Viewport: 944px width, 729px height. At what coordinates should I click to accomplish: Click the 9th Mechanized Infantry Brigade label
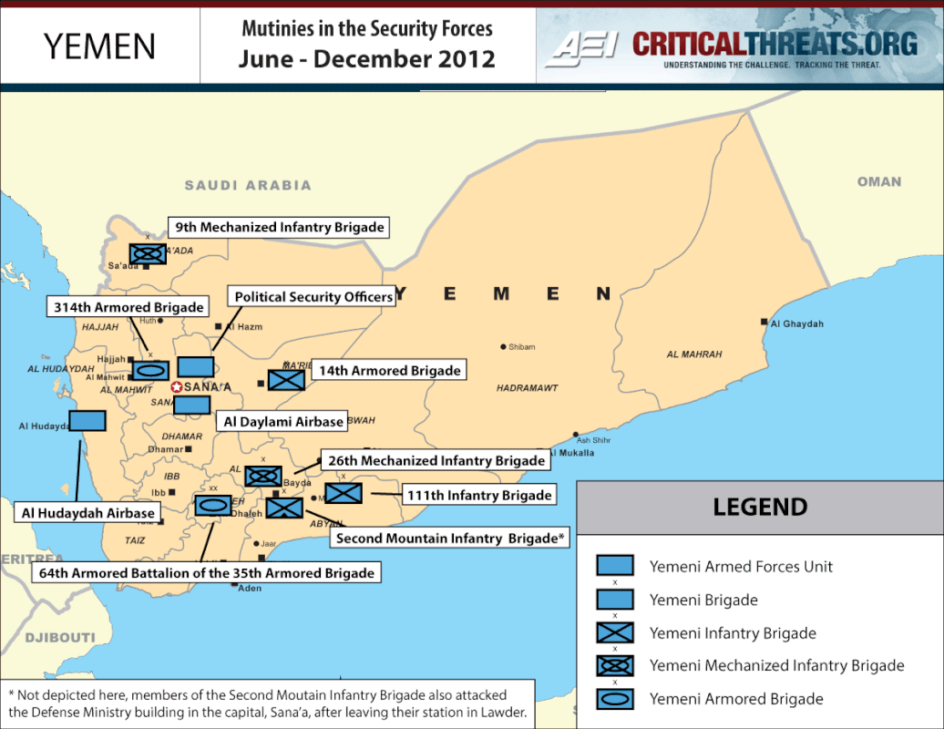pyautogui.click(x=279, y=227)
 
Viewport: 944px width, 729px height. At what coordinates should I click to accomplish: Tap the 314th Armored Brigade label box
pyautogui.click(x=128, y=307)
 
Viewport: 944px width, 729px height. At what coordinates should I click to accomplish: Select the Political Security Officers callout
pyautogui.click(x=313, y=297)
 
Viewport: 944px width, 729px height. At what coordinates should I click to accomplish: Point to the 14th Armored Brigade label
pyautogui.click(x=389, y=370)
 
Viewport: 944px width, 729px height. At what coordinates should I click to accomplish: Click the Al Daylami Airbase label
pyautogui.click(x=283, y=422)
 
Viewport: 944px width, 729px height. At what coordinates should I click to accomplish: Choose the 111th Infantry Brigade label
pyautogui.click(x=479, y=495)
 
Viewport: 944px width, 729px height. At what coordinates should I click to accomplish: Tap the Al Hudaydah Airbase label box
pyautogui.click(x=88, y=513)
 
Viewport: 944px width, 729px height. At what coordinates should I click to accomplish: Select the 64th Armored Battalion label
pyautogui.click(x=206, y=573)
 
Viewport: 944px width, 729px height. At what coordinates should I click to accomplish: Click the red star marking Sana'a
pyautogui.click(x=177, y=386)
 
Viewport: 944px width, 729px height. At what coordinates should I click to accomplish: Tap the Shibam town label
pyautogui.click(x=521, y=346)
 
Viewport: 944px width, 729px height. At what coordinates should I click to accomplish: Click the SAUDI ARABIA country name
pyautogui.click(x=248, y=185)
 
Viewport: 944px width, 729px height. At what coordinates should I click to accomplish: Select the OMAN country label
pyautogui.click(x=879, y=181)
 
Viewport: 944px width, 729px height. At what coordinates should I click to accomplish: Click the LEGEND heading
pyautogui.click(x=760, y=508)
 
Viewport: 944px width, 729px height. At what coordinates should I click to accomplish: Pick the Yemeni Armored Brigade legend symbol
pyautogui.click(x=615, y=700)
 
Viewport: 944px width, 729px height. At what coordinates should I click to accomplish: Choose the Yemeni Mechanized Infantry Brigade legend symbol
pyautogui.click(x=615, y=666)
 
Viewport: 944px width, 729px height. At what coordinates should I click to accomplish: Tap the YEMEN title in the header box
pyautogui.click(x=100, y=46)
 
